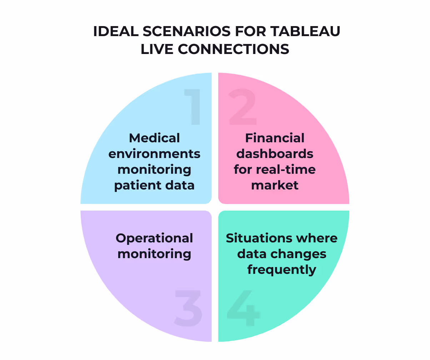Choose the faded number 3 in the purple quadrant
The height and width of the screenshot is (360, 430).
188,308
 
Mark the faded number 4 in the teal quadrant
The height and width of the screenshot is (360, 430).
243,308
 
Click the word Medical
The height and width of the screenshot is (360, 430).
154,138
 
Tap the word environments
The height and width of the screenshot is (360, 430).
154,154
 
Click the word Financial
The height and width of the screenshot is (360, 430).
275,138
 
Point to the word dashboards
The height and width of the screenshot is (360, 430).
275,154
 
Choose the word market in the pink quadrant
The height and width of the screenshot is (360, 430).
275,186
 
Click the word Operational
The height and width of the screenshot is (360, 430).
154,238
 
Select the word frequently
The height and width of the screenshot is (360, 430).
281,270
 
